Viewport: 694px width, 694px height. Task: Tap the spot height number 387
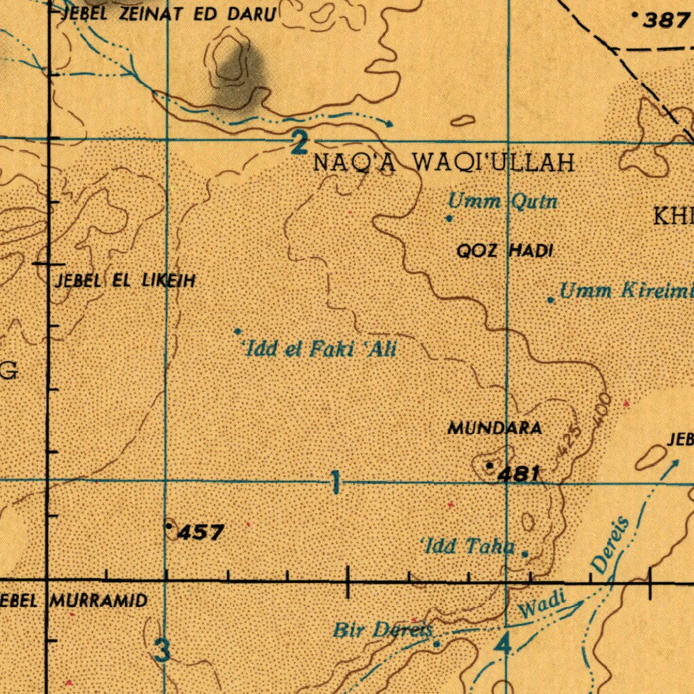[x=666, y=20]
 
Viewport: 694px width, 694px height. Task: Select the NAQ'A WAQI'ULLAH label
[x=444, y=163]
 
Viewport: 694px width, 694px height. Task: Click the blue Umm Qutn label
[x=503, y=201]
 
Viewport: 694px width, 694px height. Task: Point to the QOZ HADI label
[x=505, y=251]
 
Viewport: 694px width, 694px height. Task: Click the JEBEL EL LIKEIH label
[x=126, y=280]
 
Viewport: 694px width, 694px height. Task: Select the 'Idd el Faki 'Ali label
[x=319, y=350]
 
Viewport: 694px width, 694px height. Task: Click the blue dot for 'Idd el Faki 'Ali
[x=238, y=331]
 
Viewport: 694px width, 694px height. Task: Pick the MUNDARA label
[x=494, y=428]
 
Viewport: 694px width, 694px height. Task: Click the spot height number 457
[x=200, y=533]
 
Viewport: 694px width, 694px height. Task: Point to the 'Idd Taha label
[x=468, y=546]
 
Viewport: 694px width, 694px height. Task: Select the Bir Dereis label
[x=383, y=630]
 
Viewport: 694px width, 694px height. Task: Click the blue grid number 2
[x=299, y=144]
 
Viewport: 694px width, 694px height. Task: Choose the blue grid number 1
[x=335, y=484]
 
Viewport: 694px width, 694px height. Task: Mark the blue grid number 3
[x=162, y=651]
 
